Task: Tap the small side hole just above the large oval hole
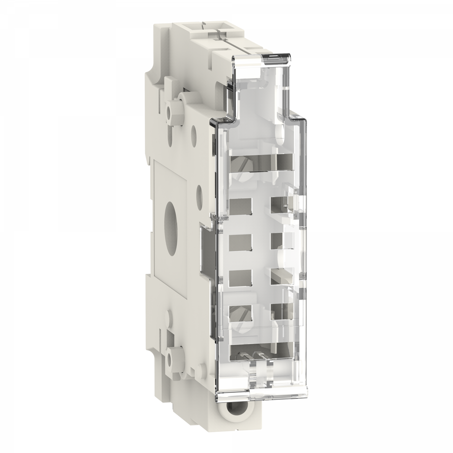(x=199, y=192)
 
